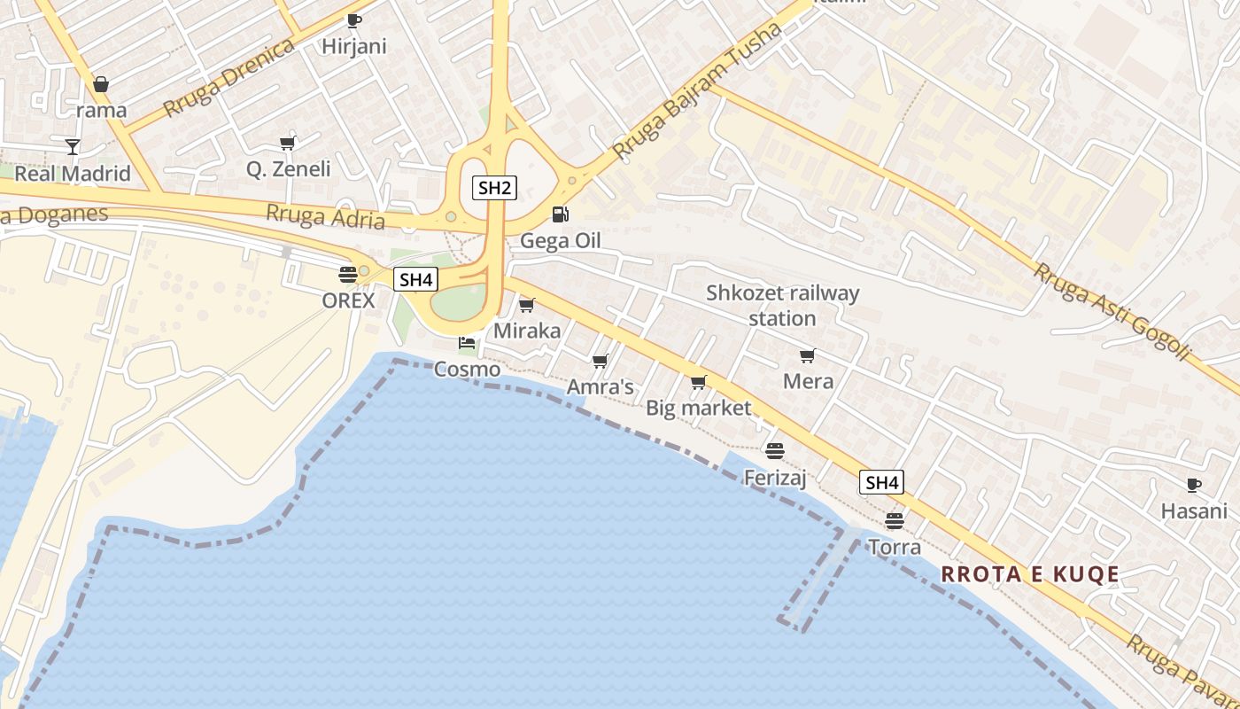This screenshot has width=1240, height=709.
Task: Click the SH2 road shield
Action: tap(494, 187)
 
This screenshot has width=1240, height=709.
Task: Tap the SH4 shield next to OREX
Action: tap(415, 280)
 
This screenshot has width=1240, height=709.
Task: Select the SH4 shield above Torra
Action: tap(881, 482)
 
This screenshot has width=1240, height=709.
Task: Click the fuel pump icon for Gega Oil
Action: tap(560, 214)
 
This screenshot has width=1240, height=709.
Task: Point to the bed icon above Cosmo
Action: tap(467, 343)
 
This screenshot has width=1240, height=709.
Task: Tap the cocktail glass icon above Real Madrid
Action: tap(73, 146)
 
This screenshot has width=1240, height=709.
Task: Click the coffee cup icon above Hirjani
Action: tap(354, 20)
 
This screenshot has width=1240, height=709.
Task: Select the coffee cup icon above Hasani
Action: tap(1194, 485)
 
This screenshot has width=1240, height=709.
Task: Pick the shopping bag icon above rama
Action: tap(101, 84)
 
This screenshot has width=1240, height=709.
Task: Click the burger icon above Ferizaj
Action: tap(775, 451)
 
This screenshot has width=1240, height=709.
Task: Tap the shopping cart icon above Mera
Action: tap(807, 355)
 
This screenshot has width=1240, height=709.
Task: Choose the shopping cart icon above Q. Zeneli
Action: tap(287, 142)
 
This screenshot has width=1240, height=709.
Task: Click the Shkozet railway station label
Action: tap(782, 305)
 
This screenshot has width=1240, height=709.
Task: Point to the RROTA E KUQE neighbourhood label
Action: tap(1030, 574)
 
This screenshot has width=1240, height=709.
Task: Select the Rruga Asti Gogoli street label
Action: tap(1112, 311)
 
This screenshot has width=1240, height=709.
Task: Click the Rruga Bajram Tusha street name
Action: tap(697, 91)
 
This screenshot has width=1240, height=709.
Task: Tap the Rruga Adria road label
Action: tap(325, 216)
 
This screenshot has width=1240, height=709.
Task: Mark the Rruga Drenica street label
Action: tap(229, 78)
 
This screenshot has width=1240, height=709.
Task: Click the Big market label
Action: tap(698, 409)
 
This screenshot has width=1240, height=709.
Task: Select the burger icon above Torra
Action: tap(894, 520)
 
